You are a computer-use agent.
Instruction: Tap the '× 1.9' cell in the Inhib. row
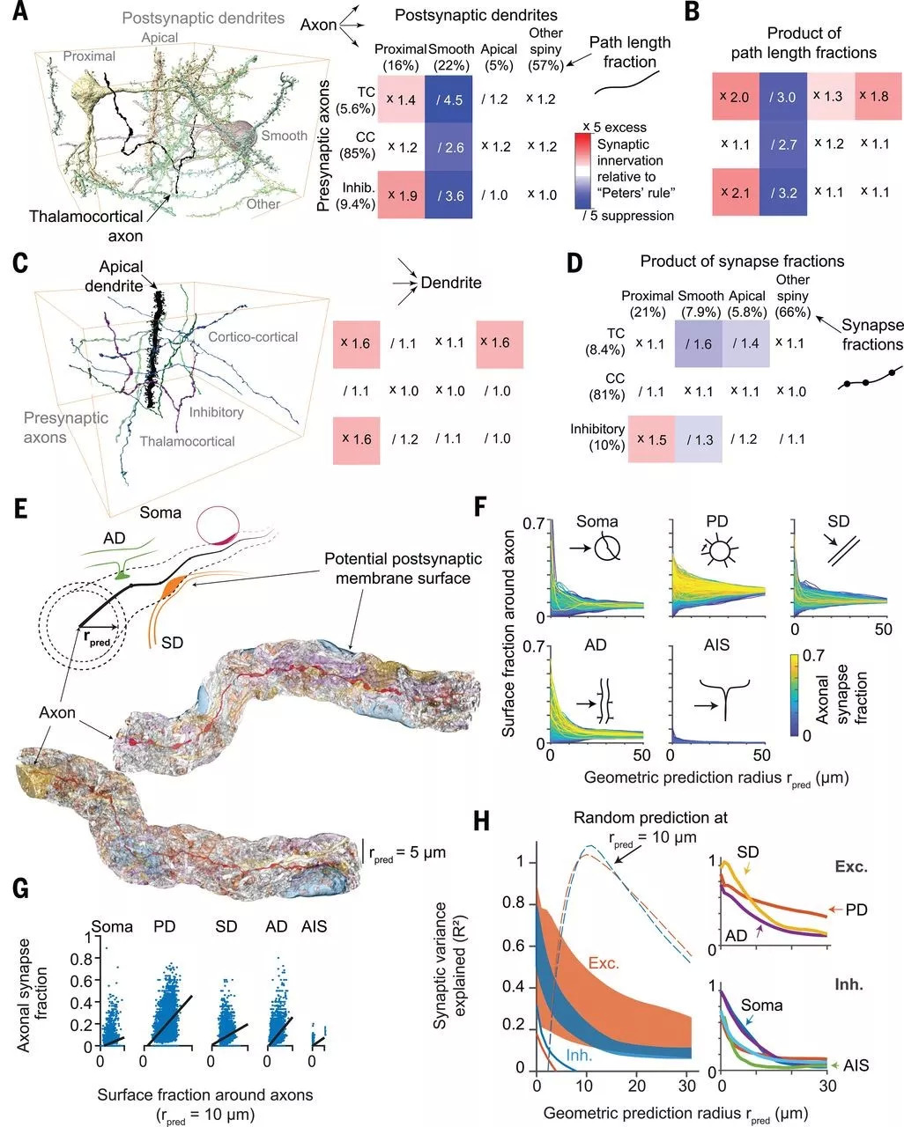(400, 195)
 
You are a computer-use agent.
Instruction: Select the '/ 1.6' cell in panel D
(698, 344)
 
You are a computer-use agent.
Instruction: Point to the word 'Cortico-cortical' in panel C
(253, 336)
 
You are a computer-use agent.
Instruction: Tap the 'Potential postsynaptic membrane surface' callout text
(403, 568)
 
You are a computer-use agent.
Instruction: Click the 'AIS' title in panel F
(717, 645)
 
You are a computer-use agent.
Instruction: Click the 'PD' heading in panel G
(165, 926)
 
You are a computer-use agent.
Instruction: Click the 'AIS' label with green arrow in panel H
(854, 1065)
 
